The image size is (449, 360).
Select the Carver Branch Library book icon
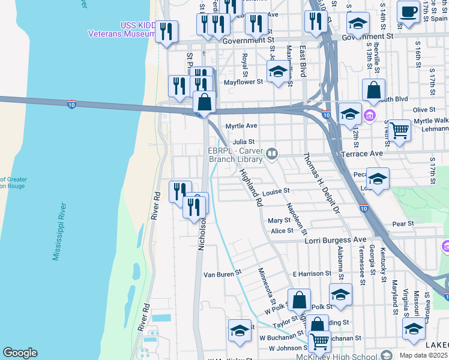tap(273, 155)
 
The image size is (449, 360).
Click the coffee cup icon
tap(408, 11)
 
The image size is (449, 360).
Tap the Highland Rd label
tap(252, 188)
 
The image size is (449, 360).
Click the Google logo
tap(20, 353)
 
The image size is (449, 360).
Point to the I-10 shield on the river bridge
tap(71, 104)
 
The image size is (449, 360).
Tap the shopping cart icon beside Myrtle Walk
tap(399, 130)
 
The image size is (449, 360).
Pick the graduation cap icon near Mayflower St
tap(277, 73)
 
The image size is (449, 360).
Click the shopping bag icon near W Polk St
tap(299, 299)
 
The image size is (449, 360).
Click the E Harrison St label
tap(309, 274)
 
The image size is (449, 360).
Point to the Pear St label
tap(402, 224)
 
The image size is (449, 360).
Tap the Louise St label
tap(276, 191)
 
